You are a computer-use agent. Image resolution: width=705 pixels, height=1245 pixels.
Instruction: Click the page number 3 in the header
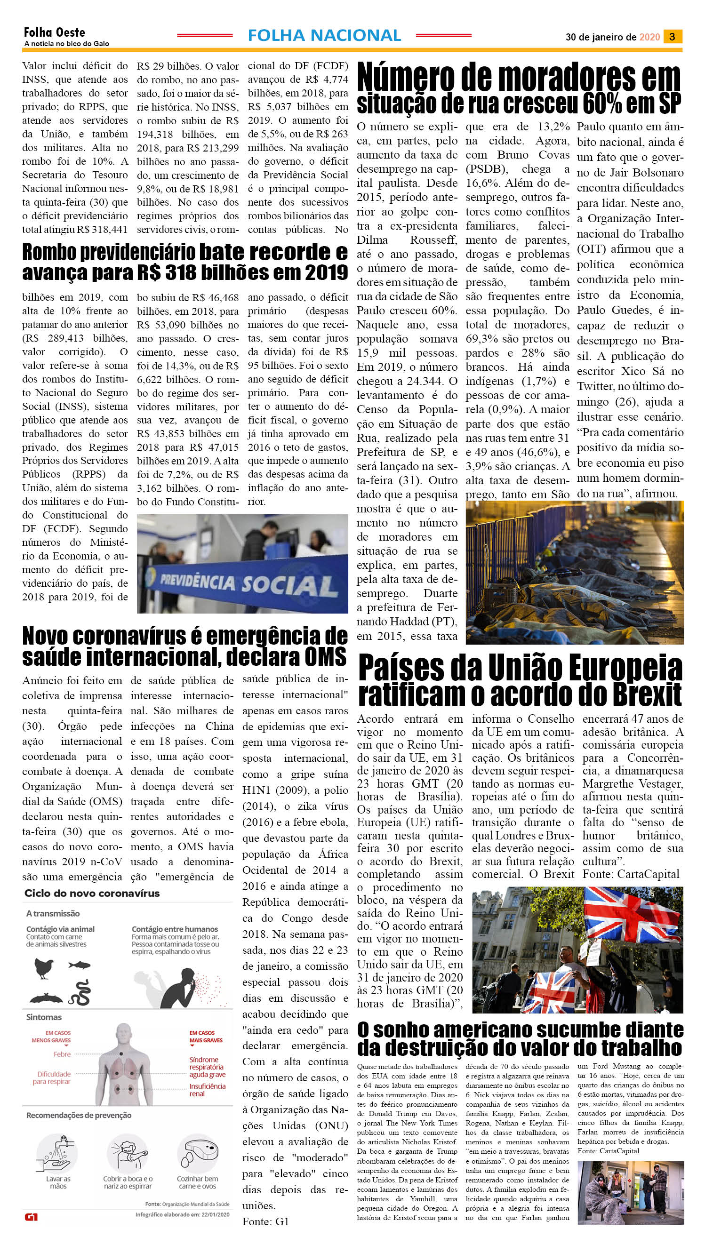672,37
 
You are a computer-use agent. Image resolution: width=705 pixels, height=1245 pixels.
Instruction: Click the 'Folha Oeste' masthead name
54,32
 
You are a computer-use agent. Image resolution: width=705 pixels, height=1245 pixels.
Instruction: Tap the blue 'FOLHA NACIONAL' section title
324,35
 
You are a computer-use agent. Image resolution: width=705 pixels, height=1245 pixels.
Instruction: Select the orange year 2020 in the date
649,37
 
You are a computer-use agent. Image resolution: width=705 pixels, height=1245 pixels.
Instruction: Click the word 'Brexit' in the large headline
644,695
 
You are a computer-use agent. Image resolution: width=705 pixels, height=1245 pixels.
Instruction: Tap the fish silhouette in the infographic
80,965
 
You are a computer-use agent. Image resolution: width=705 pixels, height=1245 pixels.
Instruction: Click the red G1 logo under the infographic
31,1217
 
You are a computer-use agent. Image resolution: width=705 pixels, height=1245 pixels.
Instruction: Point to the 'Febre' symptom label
62,1054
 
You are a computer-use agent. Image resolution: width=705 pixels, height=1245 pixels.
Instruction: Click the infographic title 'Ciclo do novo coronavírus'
92,893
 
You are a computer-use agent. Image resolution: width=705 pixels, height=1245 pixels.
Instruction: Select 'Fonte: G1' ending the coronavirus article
265,1221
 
